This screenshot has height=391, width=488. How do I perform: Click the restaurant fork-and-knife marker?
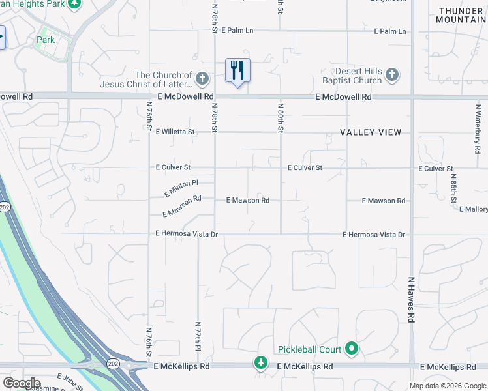coord(237,70)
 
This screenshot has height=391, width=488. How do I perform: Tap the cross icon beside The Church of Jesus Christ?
coord(202,80)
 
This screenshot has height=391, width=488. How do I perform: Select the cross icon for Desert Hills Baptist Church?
coord(391,75)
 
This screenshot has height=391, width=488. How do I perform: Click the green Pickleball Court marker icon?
coord(352,349)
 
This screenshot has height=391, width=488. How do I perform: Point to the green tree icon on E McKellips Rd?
coord(261,362)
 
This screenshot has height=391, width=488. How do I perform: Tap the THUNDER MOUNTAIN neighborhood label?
coord(461,15)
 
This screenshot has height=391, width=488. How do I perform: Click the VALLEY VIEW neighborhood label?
coord(371,132)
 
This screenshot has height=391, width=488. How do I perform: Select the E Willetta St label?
coord(175,132)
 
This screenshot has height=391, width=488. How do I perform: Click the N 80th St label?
coord(281,117)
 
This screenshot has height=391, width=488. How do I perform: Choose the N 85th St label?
coord(454,188)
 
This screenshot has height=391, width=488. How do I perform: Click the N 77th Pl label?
coord(198,336)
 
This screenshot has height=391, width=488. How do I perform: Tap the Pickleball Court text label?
coord(309,350)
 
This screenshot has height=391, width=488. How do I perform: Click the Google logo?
coord(22,383)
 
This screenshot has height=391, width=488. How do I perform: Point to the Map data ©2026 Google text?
coord(448,386)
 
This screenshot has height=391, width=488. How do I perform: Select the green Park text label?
coord(46,40)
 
